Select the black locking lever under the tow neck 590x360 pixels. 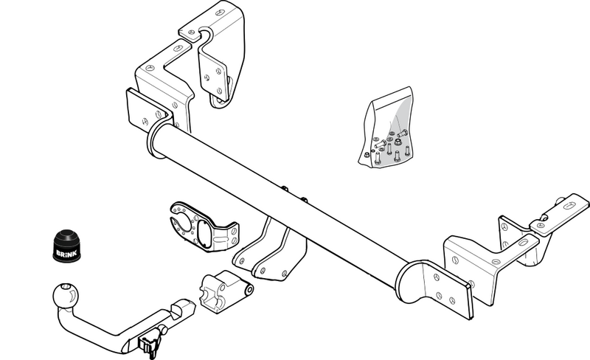coord(148,342)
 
